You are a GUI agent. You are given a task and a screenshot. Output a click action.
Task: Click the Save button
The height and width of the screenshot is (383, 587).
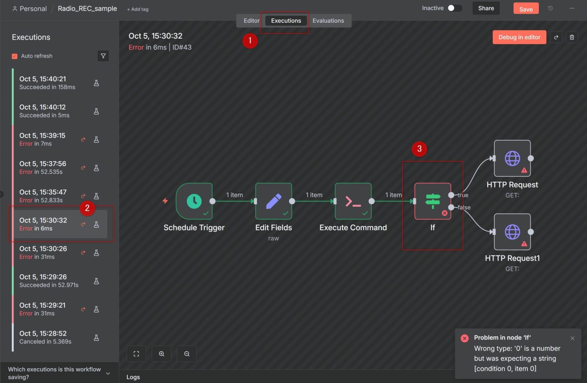pos(526,9)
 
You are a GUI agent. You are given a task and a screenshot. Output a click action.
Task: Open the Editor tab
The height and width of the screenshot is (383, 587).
pos(251,21)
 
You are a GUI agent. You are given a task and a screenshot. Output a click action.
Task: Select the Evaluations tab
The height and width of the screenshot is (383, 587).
pos(328,21)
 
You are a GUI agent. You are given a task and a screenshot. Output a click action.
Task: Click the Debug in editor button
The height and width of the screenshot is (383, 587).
pos(519,37)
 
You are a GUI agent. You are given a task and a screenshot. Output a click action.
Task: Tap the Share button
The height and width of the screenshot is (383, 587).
pos(486,8)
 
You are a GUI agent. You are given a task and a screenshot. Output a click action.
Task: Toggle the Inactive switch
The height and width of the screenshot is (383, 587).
pos(454,8)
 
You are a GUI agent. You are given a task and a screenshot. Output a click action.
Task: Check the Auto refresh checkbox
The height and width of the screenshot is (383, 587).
pos(15,56)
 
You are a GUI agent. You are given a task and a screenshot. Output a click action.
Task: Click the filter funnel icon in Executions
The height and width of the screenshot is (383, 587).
pos(103,56)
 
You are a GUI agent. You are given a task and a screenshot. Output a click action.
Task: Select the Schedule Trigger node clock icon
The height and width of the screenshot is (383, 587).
pos(194,201)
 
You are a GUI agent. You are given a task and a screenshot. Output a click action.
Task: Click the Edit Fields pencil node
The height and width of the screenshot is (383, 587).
pos(274,201)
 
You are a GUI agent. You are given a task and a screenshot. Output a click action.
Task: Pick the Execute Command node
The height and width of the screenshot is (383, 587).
pos(353,201)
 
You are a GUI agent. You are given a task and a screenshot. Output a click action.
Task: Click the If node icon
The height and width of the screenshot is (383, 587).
pos(433,201)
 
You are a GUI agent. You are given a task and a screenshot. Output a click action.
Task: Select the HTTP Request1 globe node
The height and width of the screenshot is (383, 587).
pos(512,232)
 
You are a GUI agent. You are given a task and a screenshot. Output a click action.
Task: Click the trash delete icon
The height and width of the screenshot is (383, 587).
pos(572,37)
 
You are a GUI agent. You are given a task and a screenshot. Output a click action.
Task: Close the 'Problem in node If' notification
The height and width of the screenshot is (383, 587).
pos(572,338)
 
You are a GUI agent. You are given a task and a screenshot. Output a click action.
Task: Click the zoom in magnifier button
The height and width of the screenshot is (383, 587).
pos(161,354)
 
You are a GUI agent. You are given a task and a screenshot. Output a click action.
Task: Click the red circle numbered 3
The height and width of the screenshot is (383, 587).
pos(419,149)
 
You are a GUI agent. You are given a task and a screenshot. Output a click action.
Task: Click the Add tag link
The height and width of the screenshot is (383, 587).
pos(138,9)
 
